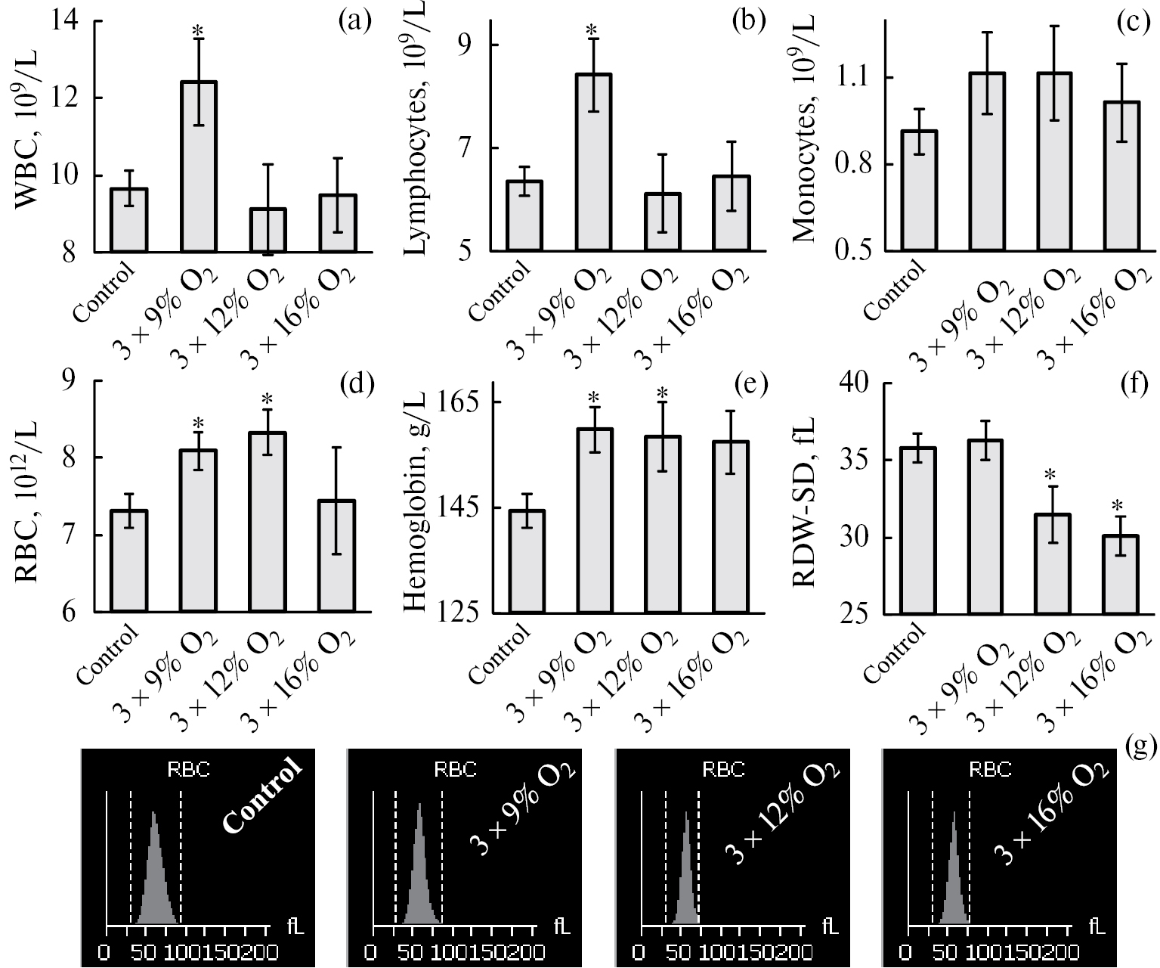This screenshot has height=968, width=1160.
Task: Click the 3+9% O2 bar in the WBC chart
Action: click(198, 166)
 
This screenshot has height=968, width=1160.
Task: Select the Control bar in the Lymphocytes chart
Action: click(524, 216)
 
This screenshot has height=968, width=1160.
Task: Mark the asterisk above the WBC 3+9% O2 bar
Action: click(198, 31)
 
